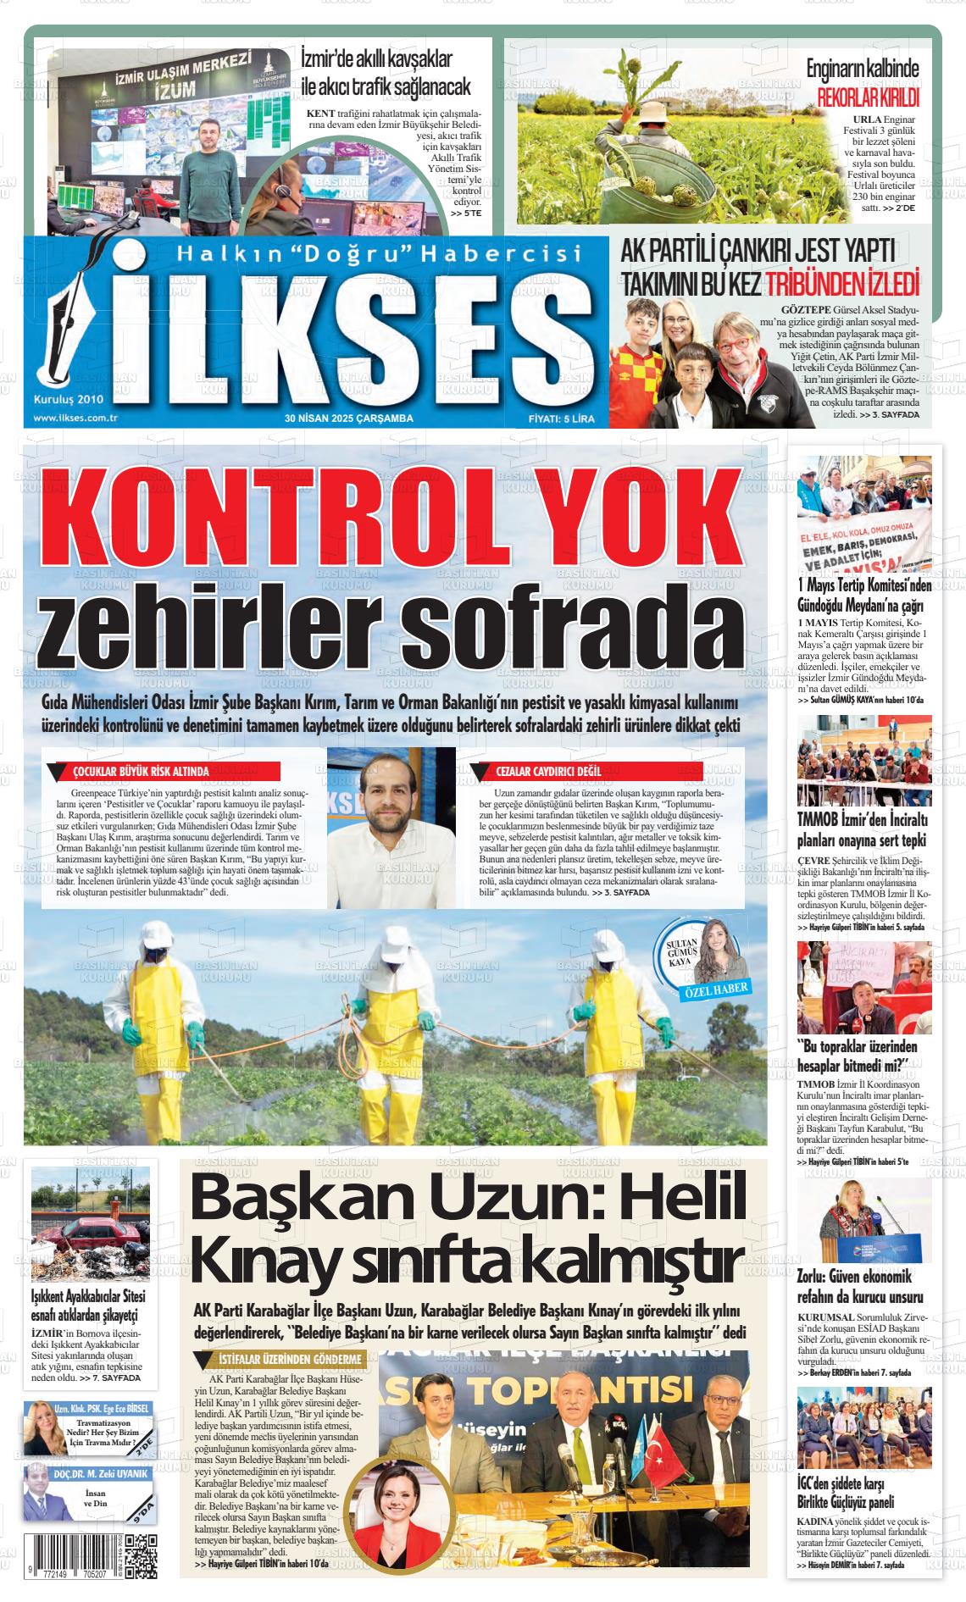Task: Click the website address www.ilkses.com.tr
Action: click(x=75, y=418)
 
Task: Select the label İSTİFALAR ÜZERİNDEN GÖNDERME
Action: click(x=286, y=1359)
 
